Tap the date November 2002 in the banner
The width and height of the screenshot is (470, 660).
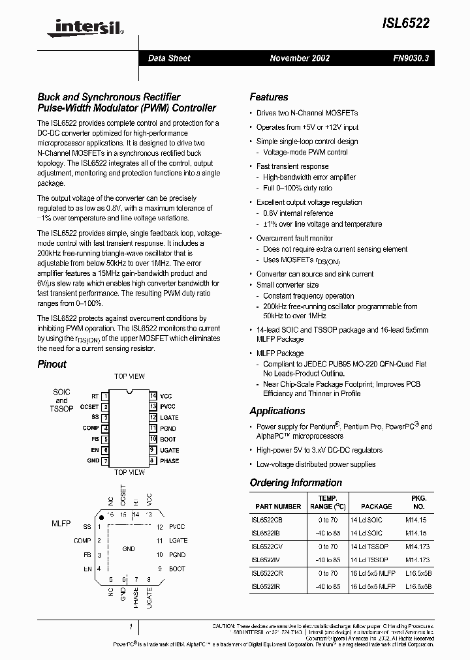click(x=300, y=58)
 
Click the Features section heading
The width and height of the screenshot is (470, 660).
click(x=268, y=97)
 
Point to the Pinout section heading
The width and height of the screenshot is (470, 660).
click(x=52, y=365)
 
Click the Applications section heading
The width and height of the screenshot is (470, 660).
click(x=277, y=411)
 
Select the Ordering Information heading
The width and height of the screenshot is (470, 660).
click(x=296, y=483)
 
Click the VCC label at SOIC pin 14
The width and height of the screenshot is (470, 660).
click(x=166, y=396)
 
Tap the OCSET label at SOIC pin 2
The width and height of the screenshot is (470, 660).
click(x=89, y=406)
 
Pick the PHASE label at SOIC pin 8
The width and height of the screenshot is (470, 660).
click(x=169, y=461)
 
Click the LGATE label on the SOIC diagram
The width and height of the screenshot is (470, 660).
click(x=168, y=417)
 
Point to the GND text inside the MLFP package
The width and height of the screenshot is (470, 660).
click(x=129, y=549)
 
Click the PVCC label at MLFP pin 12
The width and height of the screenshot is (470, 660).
click(x=177, y=526)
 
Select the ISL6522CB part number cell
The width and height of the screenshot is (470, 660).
click(x=268, y=520)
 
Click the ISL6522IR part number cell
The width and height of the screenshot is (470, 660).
click(x=267, y=586)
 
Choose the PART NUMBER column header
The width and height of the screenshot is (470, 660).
click(x=278, y=506)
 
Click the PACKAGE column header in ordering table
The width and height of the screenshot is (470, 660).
click(x=377, y=506)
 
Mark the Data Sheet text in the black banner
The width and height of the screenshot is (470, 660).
click(x=169, y=58)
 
